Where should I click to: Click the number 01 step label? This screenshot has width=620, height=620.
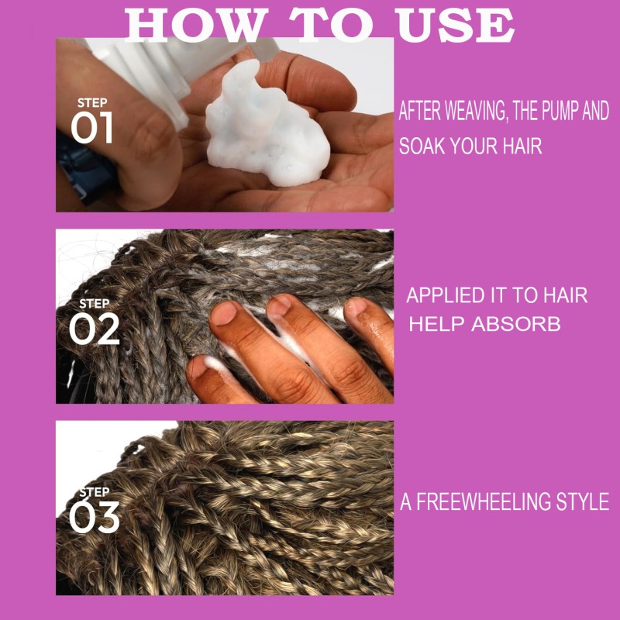click(91, 129)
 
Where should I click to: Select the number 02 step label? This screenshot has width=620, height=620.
click(94, 329)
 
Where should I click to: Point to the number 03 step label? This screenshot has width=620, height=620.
click(93, 518)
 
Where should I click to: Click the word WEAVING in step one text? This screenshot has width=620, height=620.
click(462, 112)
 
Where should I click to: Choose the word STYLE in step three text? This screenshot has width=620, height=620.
click(580, 501)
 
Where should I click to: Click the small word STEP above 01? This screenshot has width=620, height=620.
click(91, 103)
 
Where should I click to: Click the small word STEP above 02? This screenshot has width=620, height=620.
click(94, 304)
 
